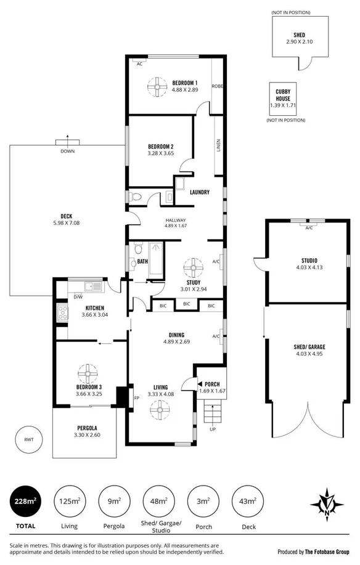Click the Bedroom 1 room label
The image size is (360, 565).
tap(185, 83)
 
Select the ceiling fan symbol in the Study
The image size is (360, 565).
tap(195, 268)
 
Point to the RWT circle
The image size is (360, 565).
tap(28, 440)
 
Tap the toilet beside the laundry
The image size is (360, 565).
tap(137, 197)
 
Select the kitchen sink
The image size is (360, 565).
tap(93, 285)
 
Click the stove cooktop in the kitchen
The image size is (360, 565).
tap(62, 312)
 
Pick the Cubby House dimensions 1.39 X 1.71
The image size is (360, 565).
tap(283, 105)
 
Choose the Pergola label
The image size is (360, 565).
tap(88, 428)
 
